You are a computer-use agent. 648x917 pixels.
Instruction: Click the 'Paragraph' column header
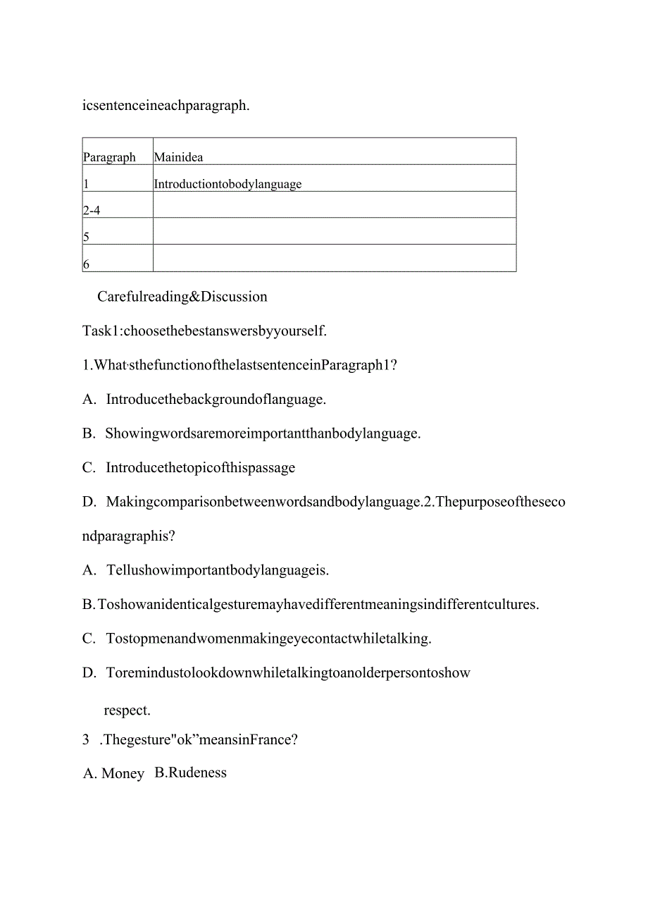point(109,157)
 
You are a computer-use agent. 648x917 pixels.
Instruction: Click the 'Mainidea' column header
point(178,157)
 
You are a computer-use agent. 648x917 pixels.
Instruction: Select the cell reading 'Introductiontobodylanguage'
point(228,184)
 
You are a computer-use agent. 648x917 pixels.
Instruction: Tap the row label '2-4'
point(92,210)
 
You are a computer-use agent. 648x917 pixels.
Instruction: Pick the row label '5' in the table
point(87,237)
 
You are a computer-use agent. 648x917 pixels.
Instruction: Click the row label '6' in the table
point(87,264)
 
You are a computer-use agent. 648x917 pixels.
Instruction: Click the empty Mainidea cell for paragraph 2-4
point(334,204)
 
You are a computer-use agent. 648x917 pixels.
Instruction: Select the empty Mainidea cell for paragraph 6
point(334,258)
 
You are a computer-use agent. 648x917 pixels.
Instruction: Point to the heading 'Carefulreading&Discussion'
point(182,296)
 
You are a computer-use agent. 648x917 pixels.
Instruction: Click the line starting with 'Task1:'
point(204,330)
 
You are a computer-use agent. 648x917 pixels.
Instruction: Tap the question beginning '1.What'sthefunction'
point(239,364)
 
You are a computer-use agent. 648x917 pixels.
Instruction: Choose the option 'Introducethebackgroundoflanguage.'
point(216,399)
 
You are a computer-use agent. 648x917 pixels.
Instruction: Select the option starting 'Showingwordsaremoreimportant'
point(263,433)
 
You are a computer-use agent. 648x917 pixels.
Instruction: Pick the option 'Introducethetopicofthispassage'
point(200,467)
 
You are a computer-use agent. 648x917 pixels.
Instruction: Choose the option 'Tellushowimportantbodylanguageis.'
point(218,570)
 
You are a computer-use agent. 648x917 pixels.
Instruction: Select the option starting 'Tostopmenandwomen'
point(268,639)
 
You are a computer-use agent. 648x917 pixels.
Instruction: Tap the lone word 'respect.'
point(127,710)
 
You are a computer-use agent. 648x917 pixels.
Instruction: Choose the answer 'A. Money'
point(113,773)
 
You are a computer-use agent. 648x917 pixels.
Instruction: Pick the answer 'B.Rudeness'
point(191,773)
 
